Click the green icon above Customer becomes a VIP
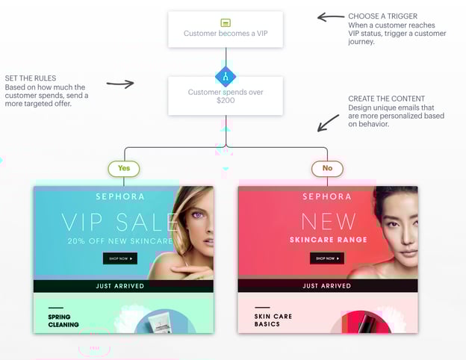(226, 23)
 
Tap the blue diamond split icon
(226, 76)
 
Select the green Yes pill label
(124, 169)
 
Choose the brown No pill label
(327, 169)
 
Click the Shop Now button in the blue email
(119, 258)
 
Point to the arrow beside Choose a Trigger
(330, 16)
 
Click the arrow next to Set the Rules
(119, 84)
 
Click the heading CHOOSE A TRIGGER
(382, 16)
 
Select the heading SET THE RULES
(30, 78)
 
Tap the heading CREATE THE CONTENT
(386, 99)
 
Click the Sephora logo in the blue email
(119, 196)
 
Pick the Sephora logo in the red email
(327, 196)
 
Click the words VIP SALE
(119, 222)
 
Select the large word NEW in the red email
(327, 221)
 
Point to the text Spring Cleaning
(63, 320)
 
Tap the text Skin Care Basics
(273, 320)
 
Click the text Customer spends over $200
(226, 96)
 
